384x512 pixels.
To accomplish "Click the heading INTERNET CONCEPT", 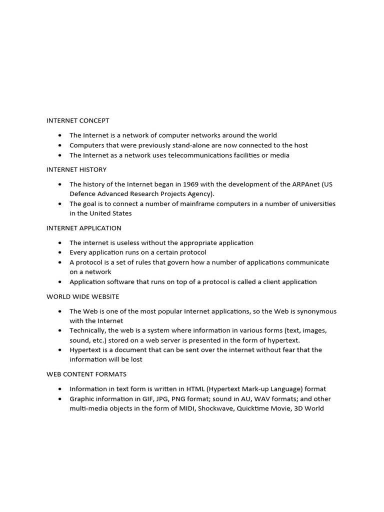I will tap(77, 120).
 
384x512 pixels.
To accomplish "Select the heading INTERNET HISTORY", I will tap(76, 169).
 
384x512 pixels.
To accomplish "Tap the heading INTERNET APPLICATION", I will tap(83, 228).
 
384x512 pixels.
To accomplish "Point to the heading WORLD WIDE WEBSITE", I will tap(83, 296).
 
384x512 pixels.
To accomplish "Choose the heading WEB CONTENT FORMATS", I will tap(86, 374).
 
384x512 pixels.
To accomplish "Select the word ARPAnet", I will tap(304, 184).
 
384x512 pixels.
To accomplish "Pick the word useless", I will tap(127, 242).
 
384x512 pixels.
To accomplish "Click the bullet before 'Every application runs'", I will tap(60, 252).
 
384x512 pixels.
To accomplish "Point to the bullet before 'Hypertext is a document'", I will tap(60, 350).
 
